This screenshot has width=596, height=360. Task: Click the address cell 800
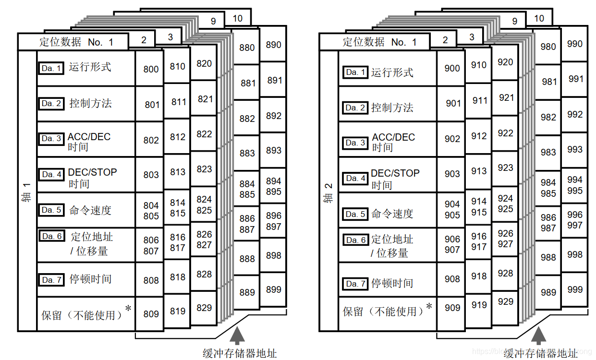150,69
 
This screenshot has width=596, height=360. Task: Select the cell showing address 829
204,308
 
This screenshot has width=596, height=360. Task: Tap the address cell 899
273,289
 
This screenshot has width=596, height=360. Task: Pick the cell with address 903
452,174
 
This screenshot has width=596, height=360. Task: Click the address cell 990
574,44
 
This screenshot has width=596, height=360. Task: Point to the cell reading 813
177,172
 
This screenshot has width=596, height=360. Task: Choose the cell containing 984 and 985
548,188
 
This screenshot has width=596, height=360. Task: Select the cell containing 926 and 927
505,239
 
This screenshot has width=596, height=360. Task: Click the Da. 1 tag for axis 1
51,68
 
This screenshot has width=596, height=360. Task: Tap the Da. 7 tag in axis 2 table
355,284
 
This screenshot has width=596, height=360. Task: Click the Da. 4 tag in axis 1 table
51,174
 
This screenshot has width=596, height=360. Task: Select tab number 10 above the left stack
237,19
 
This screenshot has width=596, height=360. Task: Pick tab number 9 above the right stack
515,21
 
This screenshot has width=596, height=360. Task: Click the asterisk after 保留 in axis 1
128,309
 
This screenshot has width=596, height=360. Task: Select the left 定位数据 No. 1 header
76,42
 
